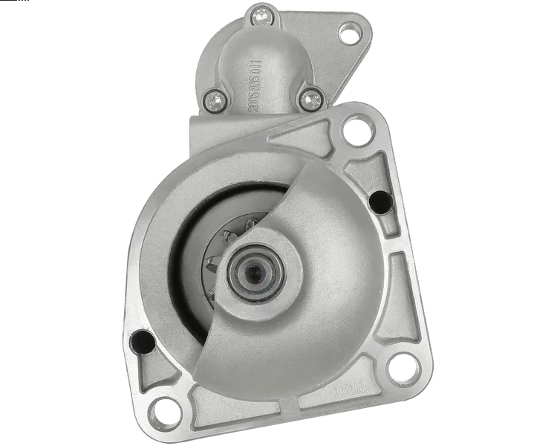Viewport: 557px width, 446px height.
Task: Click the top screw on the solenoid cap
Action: [261, 13]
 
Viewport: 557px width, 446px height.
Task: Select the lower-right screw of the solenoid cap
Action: [312, 97]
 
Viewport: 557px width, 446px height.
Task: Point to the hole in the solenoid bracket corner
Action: [348, 32]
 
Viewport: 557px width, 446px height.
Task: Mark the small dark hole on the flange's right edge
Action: [380, 199]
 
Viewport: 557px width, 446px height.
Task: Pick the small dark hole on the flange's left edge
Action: [139, 341]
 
